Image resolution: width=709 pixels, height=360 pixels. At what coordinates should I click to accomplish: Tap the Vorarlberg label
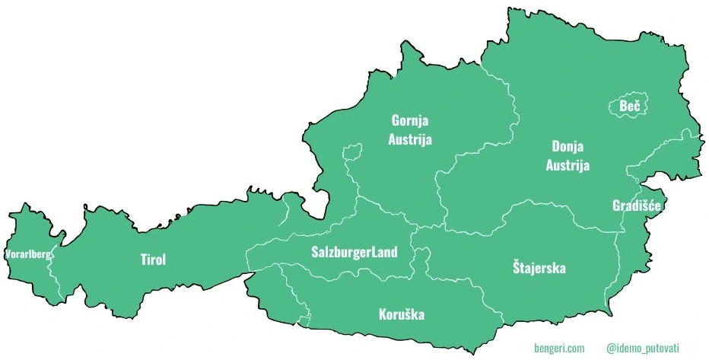27,254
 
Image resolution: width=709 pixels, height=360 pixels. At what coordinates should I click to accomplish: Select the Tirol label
153,260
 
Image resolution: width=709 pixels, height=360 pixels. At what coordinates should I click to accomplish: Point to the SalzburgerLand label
354,252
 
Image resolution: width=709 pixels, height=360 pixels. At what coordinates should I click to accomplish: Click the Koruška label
401,314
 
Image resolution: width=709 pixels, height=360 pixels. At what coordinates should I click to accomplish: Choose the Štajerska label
539,267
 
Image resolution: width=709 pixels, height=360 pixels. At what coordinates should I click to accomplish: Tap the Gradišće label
636,205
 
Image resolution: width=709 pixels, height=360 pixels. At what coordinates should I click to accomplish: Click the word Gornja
410,120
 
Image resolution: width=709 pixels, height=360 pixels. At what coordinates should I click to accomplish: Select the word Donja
568,146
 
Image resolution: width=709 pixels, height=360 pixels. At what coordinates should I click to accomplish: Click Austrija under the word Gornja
410,139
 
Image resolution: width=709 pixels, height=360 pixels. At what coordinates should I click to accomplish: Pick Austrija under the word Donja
568,165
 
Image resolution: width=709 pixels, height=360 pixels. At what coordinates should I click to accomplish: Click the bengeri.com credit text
559,348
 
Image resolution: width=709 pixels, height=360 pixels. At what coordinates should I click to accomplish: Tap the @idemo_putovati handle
647,348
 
